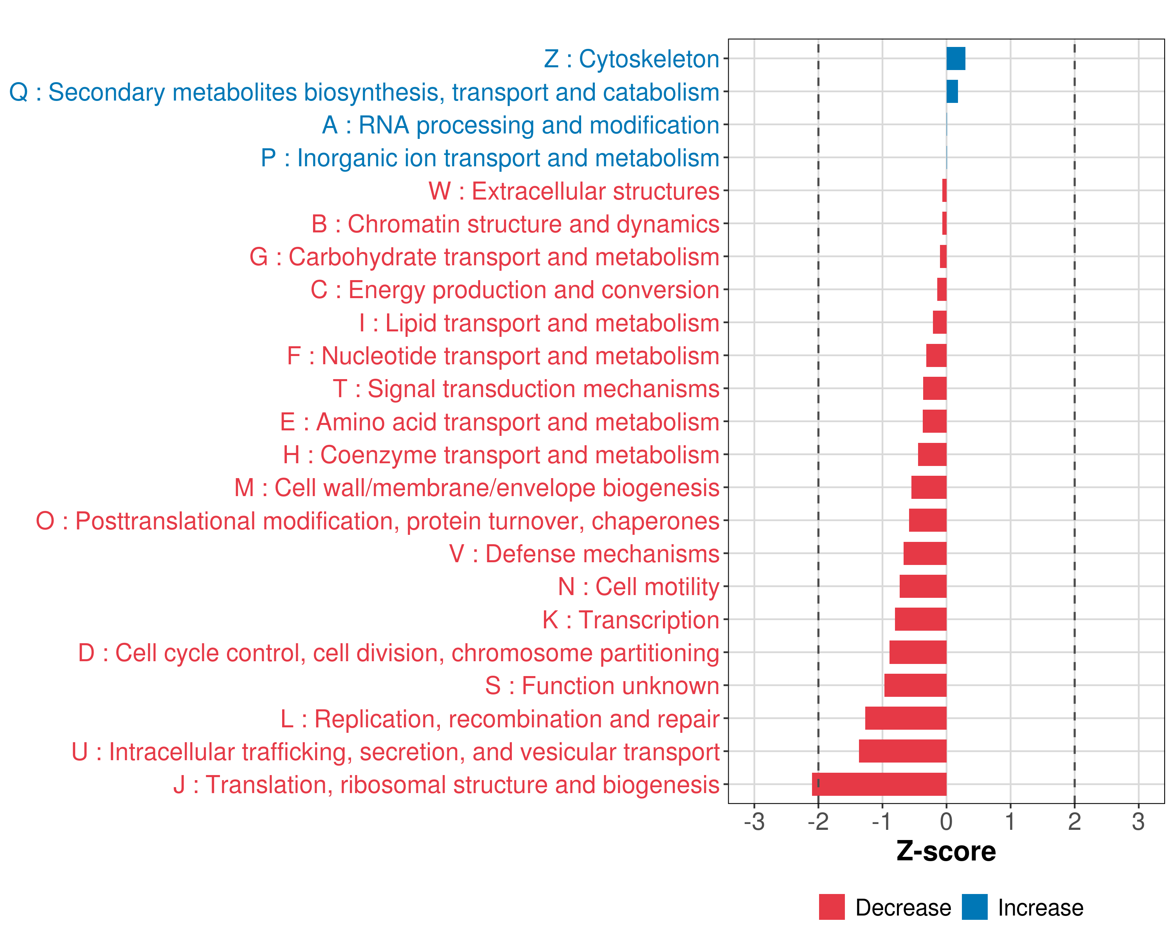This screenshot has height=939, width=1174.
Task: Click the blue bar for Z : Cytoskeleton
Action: [956, 59]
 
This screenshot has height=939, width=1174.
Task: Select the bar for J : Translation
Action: [879, 784]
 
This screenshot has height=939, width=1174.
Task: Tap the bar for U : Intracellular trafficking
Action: [902, 751]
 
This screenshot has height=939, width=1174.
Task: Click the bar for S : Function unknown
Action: [915, 685]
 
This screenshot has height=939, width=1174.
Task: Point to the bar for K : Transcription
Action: [920, 619]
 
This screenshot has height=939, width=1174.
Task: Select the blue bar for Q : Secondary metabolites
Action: [952, 92]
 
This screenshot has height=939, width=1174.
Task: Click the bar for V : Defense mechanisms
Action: [925, 554]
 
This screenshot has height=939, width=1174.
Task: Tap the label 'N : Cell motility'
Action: [638, 587]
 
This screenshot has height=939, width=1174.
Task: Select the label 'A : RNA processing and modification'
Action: [520, 125]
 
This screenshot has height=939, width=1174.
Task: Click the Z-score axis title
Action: [946, 851]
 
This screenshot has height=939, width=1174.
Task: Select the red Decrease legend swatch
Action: [832, 907]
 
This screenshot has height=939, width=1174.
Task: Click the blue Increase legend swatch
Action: [974, 907]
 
